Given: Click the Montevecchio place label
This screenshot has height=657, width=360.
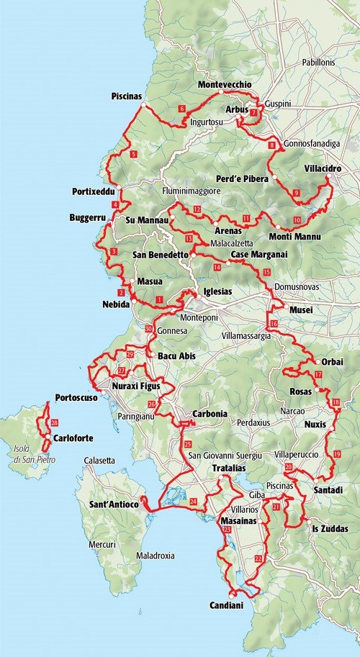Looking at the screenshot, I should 224,85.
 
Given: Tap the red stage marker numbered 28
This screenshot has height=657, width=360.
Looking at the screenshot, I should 55,422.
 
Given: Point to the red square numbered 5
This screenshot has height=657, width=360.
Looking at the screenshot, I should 133,154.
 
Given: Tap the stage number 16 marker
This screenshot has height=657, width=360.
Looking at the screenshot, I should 273,324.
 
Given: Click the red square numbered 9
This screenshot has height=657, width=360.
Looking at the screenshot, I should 297,192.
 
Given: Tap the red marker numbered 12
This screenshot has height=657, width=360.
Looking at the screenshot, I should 196,209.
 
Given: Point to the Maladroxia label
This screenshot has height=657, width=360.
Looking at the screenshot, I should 157,556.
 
